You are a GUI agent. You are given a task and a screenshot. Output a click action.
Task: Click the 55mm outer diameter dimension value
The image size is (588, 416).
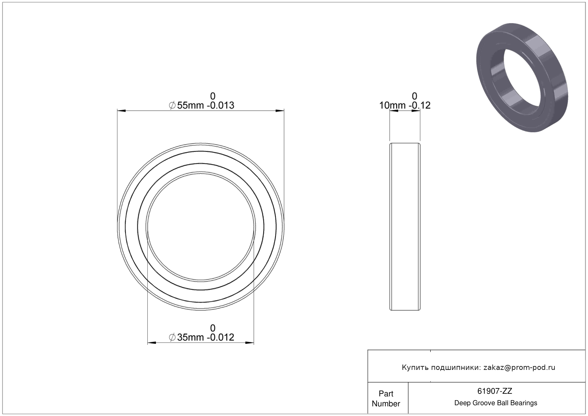click(x=190, y=105)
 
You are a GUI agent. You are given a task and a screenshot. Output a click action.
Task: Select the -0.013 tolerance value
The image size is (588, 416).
click(x=220, y=105)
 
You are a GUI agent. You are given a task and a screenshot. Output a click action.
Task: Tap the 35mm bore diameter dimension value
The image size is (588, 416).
click(x=190, y=337)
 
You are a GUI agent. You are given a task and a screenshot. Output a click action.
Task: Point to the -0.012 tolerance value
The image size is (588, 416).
click(x=220, y=337)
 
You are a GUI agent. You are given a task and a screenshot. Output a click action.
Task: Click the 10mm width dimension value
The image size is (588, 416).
click(x=392, y=105)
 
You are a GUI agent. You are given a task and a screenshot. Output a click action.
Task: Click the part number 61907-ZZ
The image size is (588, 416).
click(x=495, y=391)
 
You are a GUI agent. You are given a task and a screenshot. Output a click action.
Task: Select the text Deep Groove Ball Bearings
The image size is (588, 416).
click(x=496, y=403)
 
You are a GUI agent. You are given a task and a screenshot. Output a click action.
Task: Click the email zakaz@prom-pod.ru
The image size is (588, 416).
click(x=519, y=368)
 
